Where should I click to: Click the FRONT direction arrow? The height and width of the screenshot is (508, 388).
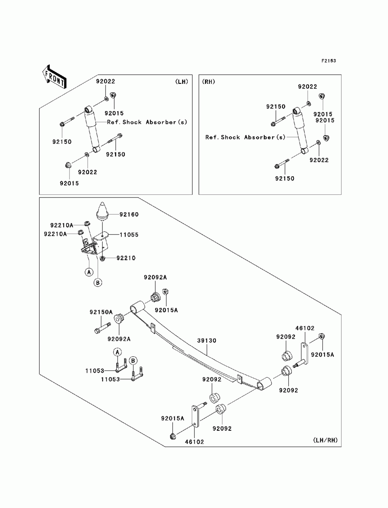coord(54,76)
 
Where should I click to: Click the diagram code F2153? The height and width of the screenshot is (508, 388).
coord(328,61)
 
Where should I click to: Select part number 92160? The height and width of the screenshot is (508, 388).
coord(129,214)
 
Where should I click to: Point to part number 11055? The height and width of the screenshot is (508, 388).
coord(129,235)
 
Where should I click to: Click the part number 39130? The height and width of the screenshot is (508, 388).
coord(206,340)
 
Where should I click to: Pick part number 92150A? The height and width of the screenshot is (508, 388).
coord(101,312)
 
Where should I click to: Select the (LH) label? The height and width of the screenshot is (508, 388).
coord(182,81)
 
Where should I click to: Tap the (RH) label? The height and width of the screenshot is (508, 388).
coord(208,82)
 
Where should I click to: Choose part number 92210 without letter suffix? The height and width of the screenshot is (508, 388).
coord(126,258)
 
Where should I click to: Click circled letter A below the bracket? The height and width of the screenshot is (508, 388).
coord(89,272)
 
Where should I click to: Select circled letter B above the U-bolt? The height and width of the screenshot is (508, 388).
coord(133,361)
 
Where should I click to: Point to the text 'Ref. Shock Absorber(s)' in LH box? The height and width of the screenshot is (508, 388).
coord(147,122)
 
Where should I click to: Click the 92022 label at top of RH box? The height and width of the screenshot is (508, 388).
coord(307,86)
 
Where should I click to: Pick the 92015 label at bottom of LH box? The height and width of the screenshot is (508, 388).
coord(69,183)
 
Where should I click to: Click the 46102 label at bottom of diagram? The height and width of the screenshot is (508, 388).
coord(194,442)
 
